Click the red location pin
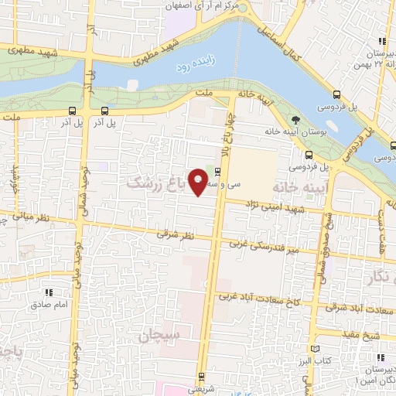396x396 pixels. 199,182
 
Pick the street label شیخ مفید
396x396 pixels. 360,333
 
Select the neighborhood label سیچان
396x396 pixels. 160,336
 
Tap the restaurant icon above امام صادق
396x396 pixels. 48,292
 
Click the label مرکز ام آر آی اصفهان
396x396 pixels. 205,5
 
